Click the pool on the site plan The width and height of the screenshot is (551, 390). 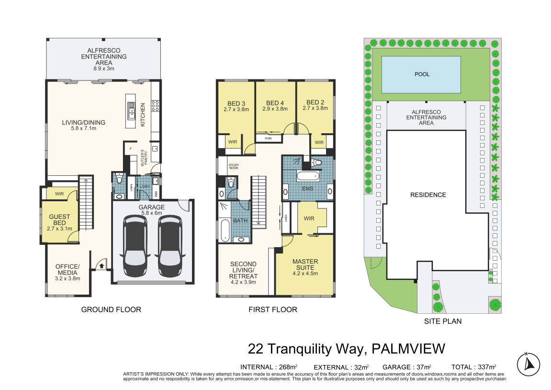pos(421,75)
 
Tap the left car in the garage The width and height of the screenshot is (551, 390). pos(135,246)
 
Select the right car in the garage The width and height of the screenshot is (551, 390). pos(170,246)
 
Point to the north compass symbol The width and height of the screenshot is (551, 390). pos(528,364)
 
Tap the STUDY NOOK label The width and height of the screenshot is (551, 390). pos(234,166)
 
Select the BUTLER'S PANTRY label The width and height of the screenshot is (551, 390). pos(144,158)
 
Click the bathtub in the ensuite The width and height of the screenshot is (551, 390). pos(308,176)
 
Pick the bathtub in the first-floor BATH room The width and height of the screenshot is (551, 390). pos(225,230)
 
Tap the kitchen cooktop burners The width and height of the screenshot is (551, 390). pos(155,106)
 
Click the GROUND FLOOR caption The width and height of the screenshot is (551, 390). pos(111,310)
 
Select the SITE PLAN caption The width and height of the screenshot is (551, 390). pos(443,321)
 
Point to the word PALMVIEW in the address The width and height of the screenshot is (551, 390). pos(408,349)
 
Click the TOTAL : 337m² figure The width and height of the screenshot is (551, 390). pos(474,367)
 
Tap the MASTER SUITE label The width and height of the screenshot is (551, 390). pos(305,264)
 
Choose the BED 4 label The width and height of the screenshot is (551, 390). pos(275,103)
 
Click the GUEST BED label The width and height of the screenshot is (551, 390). pos(59,220)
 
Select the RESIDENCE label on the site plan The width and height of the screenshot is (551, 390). pos(428,195)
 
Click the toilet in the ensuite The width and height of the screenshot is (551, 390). pos(317,162)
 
